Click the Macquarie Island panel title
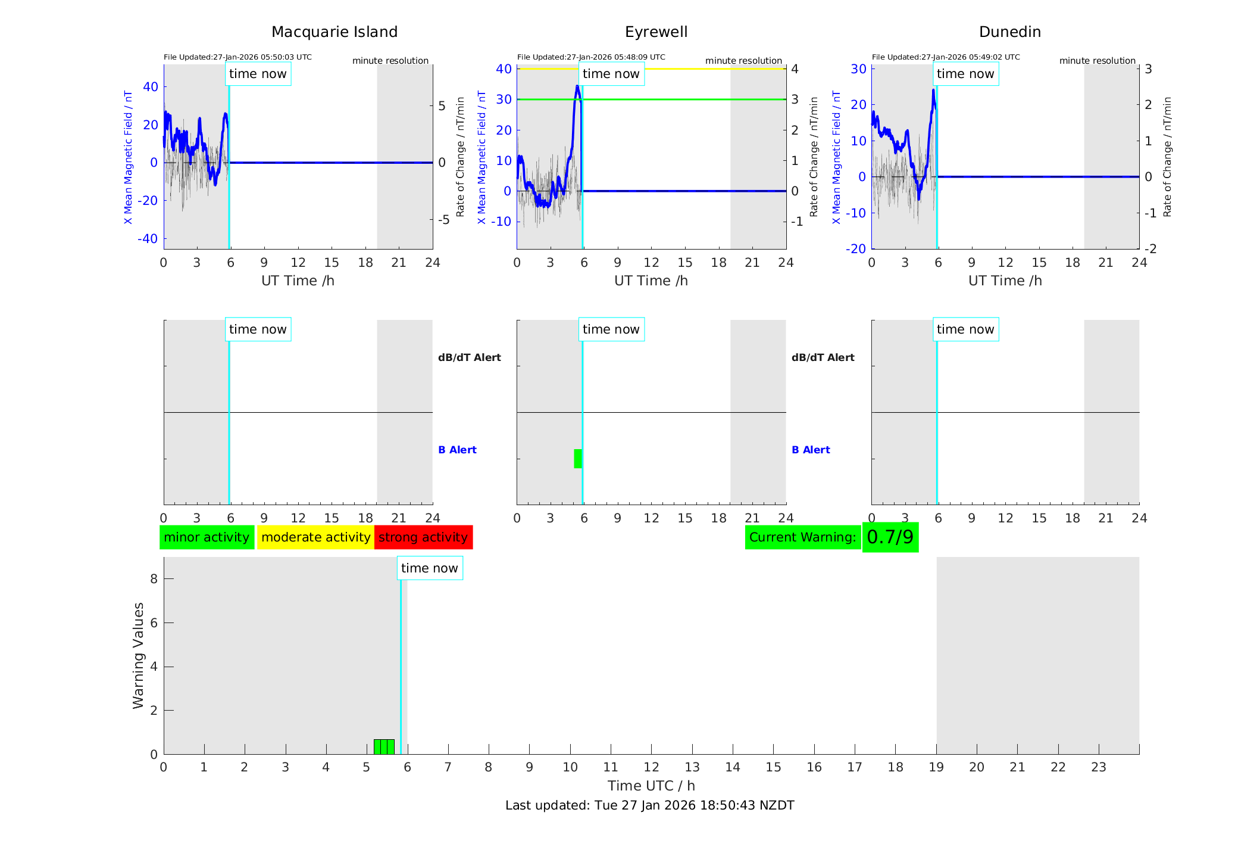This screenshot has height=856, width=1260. coord(334,32)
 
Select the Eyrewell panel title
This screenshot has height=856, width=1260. coord(656,32)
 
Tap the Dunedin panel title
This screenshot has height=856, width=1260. coord(1009,32)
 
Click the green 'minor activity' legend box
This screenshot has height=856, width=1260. coord(207,537)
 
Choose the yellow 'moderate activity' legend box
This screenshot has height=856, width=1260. coord(315,537)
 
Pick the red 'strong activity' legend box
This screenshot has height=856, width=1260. coord(423,537)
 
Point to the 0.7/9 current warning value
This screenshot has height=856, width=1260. coord(890,537)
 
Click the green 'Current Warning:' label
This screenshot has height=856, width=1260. coord(802,537)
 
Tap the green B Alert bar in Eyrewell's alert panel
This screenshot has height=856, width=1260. coord(577,459)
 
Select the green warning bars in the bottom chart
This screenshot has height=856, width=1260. coord(384,747)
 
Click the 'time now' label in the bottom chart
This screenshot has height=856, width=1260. coord(429,568)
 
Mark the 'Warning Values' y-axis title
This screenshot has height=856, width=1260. coord(138,655)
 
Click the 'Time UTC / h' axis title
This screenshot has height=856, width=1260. coord(651,786)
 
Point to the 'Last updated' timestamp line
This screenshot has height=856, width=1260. coord(649,805)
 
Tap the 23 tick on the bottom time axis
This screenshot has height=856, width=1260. coord(1098,767)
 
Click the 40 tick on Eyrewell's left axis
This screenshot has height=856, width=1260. coord(504,69)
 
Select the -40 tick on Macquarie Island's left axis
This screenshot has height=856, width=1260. coord(148,239)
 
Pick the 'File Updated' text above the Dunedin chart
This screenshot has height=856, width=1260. coord(946,57)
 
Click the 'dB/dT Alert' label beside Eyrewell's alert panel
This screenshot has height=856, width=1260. coord(823,357)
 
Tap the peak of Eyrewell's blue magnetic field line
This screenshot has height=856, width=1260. coord(577,86)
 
